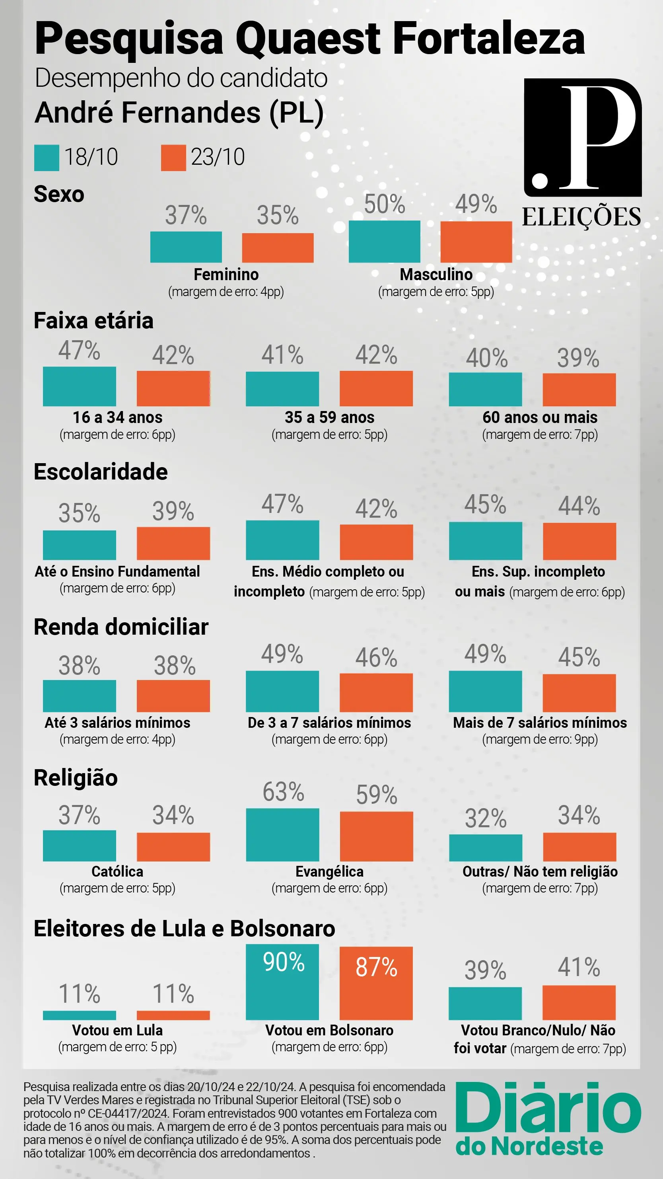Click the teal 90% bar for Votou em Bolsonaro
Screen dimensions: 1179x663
pos(282,982)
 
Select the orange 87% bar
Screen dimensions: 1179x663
pos(376,983)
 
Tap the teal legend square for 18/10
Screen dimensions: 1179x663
pos(46,158)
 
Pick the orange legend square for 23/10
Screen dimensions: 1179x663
pos(173,158)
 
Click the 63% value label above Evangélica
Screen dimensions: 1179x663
pos(283,792)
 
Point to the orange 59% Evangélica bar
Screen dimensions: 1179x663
pos(376,836)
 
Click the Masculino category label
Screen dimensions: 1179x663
pos(436,275)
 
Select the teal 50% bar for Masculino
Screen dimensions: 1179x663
pos(384,242)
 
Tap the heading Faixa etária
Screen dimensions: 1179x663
pos(93,320)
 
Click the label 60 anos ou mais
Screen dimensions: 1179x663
pos(540,417)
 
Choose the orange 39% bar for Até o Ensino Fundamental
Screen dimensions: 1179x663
pos(173,543)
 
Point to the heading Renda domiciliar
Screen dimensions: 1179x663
pos(121,627)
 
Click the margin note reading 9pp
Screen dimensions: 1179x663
pos(540,740)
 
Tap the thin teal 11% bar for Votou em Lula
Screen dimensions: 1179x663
pos(79,1015)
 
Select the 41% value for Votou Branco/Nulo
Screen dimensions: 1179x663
pos(579,967)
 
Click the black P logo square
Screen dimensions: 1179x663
pos(583,137)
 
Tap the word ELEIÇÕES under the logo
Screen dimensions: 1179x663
pos(581,217)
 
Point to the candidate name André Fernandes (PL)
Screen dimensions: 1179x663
pos(179,113)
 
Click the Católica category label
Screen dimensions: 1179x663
pos(117,871)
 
